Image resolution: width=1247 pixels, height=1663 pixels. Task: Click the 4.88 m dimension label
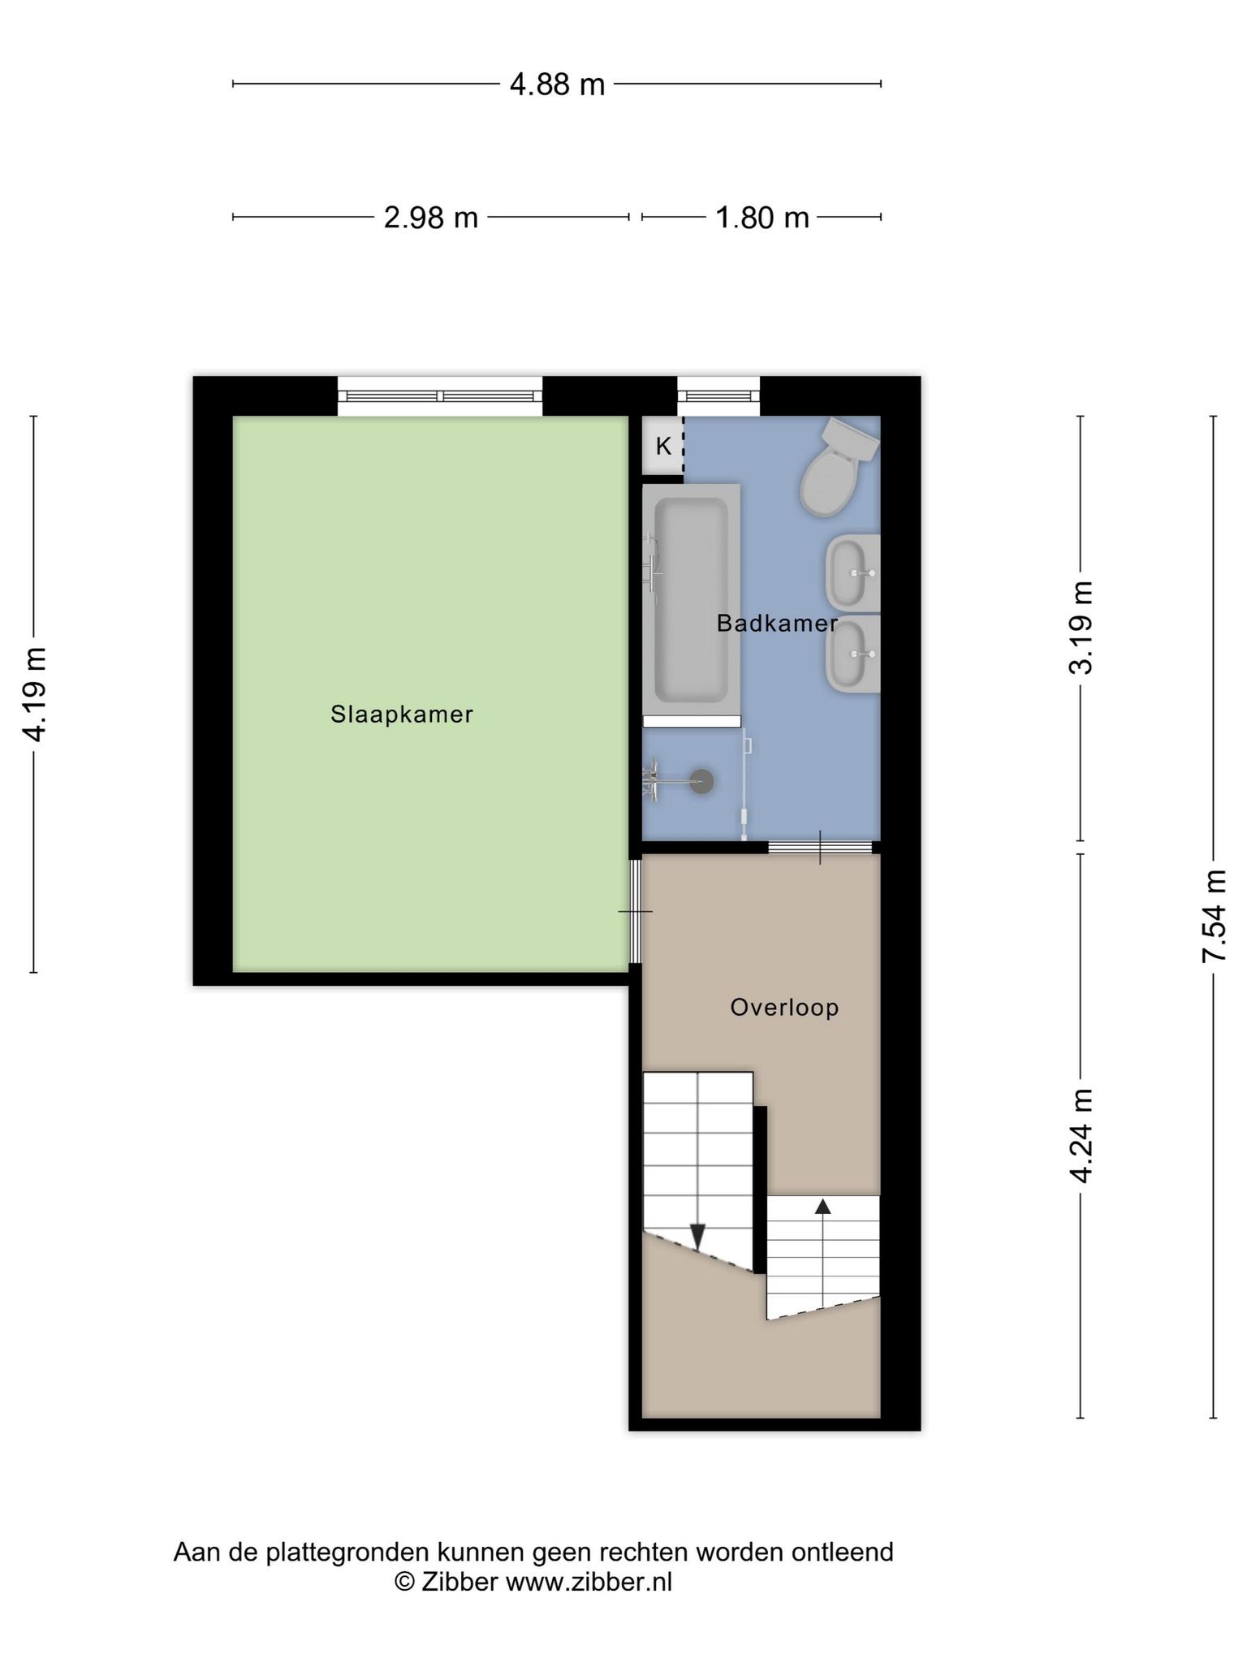pyautogui.click(x=557, y=84)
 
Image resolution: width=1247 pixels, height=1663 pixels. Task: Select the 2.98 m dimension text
pyautogui.click(x=430, y=218)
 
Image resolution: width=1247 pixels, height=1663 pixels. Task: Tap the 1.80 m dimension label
pyautogui.click(x=762, y=218)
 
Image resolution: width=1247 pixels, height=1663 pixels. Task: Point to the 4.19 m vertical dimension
pyautogui.click(x=34, y=694)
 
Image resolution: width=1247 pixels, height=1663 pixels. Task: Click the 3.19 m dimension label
pyautogui.click(x=1081, y=628)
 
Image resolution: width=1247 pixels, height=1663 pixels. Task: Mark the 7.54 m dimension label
pyautogui.click(x=1215, y=917)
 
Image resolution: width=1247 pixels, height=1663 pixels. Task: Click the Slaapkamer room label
pyautogui.click(x=402, y=715)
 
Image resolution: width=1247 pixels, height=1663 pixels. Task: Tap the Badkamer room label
pyautogui.click(x=777, y=624)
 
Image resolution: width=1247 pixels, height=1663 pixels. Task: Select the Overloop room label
pyautogui.click(x=784, y=1008)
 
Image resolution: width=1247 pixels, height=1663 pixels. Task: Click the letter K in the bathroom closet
pyautogui.click(x=663, y=446)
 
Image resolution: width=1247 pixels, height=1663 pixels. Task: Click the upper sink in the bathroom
pyautogui.click(x=853, y=572)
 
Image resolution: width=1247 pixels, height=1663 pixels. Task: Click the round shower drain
pyautogui.click(x=701, y=782)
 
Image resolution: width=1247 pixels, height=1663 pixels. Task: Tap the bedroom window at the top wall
pyautogui.click(x=440, y=396)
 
